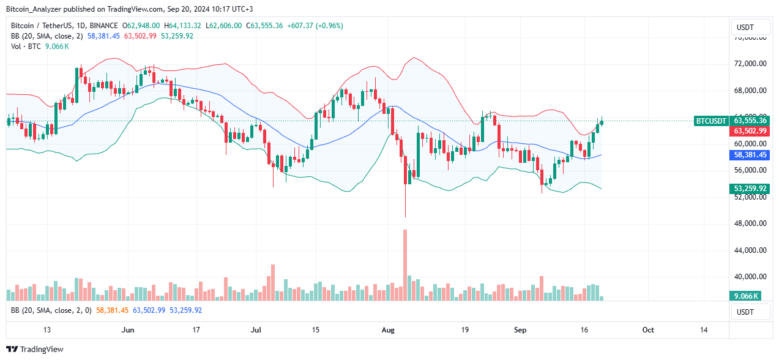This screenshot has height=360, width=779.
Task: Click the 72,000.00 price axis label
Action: pos(750,64)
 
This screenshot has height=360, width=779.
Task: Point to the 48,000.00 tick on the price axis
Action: pos(750,223)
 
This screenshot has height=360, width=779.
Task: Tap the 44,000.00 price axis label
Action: pos(750,250)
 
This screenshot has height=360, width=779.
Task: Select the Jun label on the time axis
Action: pos(128,329)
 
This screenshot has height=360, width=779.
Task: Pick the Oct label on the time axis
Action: pos(648,329)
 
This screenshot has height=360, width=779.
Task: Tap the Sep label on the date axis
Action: pos(520,329)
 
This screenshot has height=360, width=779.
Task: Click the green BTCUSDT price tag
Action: pos(711,121)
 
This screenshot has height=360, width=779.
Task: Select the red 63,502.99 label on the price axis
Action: pos(750,131)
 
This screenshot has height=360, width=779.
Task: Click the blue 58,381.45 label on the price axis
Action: pos(750,156)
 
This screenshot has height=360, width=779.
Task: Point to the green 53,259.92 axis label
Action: pos(750,189)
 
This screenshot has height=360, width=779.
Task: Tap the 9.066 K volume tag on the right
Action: pos(745,296)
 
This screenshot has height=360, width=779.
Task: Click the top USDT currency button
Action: pos(750,28)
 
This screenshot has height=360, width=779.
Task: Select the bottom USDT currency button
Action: pos(750,312)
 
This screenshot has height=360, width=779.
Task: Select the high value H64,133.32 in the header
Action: pos(183,26)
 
